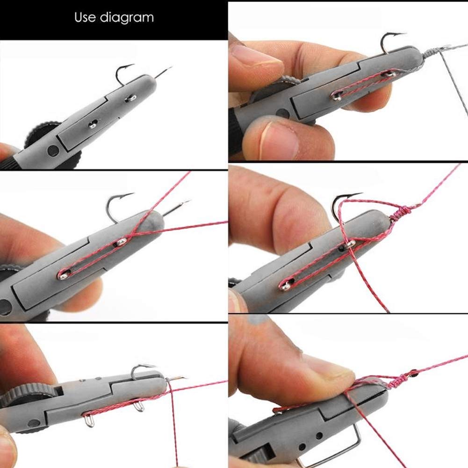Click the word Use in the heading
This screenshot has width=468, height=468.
(86, 18)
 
